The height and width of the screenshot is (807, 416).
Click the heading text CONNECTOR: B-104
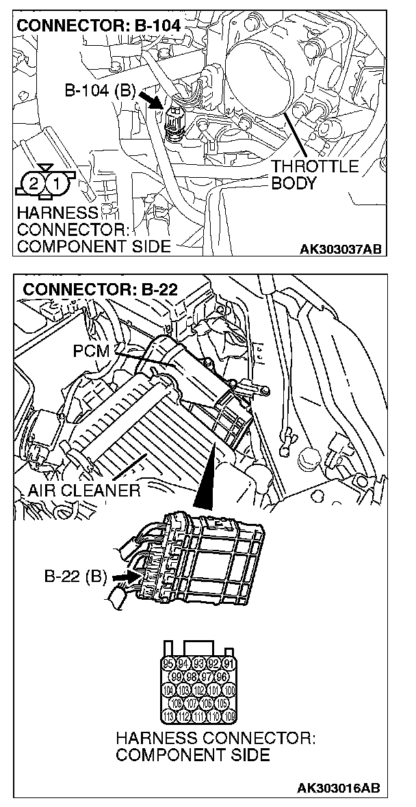[x=99, y=26]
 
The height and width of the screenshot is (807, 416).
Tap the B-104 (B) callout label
[x=99, y=91]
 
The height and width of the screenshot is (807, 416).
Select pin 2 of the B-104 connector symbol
[x=33, y=183]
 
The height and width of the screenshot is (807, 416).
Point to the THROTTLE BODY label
[x=315, y=175]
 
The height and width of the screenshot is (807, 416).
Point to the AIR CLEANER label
[x=84, y=490]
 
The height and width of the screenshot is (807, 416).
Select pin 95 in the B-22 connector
[x=168, y=664]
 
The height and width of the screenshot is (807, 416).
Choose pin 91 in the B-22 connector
[x=229, y=664]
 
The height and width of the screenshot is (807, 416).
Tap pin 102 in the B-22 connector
[x=198, y=690]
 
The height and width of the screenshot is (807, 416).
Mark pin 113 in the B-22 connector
[x=168, y=716]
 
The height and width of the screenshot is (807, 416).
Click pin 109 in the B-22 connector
[x=229, y=716]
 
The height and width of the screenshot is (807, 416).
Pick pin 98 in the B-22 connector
[x=191, y=677]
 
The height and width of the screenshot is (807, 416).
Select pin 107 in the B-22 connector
[x=191, y=703]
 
